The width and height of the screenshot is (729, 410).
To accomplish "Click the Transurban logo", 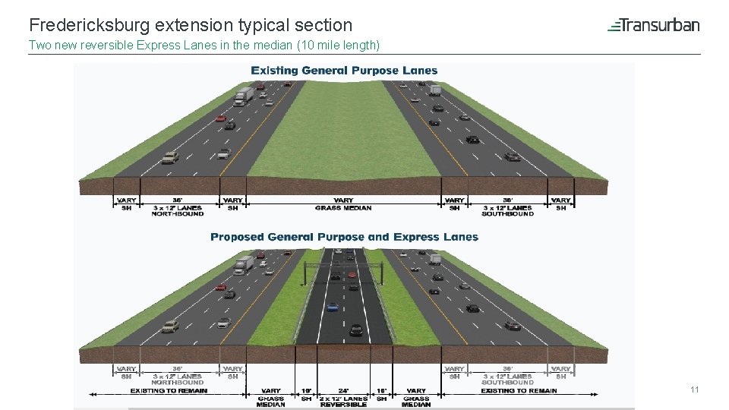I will (x=653, y=25).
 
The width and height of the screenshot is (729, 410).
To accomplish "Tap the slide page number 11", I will (x=694, y=389).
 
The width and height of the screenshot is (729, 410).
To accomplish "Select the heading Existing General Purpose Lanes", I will (x=344, y=71).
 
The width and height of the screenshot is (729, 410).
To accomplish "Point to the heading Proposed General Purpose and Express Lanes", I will (x=344, y=237).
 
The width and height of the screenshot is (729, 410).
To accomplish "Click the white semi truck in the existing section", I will (x=244, y=96).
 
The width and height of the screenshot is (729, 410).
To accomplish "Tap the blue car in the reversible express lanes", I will (x=332, y=307).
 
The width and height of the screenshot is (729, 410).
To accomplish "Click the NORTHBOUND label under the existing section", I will (x=177, y=214).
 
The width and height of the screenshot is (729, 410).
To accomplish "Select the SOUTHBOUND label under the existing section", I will (x=507, y=214).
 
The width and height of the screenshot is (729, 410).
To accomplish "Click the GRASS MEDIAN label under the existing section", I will (x=343, y=208).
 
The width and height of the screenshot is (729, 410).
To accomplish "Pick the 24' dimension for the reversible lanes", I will (x=343, y=391).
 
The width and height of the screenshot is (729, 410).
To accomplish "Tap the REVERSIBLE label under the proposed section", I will (x=343, y=405).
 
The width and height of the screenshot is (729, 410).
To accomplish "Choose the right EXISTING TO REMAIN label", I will (x=519, y=391).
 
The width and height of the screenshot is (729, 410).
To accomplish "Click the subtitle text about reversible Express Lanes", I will (x=204, y=45).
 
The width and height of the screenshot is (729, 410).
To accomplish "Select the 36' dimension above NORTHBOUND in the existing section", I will (x=177, y=200).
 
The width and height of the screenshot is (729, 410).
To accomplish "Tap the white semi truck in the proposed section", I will (x=244, y=264).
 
